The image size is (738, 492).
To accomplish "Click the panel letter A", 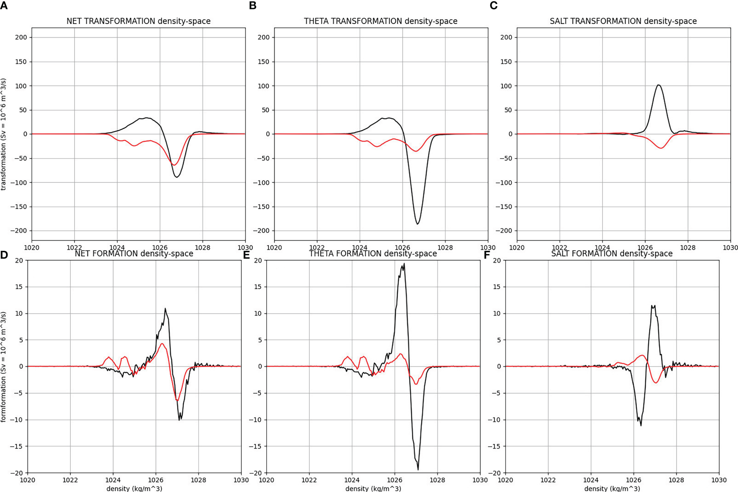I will tap(4, 6).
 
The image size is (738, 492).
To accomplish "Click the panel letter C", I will tap(494, 6).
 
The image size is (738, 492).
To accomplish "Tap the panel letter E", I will tap(246, 255).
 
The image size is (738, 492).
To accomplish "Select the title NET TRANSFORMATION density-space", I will tap(139, 21).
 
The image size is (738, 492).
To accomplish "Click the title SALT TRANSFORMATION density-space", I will tap(623, 21).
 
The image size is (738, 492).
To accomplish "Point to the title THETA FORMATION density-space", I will tap(373, 254).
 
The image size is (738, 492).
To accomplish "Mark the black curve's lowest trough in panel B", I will tap(418, 224).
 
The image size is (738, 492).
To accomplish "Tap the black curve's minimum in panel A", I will tap(177, 177).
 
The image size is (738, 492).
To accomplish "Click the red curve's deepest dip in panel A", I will tap(174, 165).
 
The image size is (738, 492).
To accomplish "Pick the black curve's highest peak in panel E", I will tap(404, 264).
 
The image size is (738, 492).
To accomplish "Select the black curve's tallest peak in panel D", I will tap(165, 308).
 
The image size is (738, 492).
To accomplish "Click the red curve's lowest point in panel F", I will tap(656, 383).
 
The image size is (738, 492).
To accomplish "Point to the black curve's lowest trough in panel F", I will tap(641, 425).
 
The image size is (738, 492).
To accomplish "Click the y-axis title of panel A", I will tap(4, 134).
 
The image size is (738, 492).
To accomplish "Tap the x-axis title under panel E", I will tap(373, 488).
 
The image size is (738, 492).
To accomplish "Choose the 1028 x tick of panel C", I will tap(688, 248).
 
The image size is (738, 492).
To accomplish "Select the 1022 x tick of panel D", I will tap(70, 480).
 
